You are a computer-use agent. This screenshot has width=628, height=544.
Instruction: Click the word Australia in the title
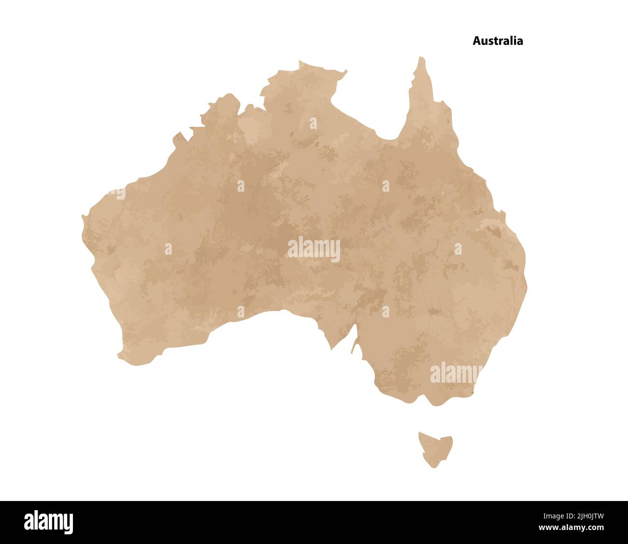498,41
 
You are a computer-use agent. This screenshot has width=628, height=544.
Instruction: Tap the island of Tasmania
435,447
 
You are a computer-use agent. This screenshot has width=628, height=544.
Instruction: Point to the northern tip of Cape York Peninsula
421,59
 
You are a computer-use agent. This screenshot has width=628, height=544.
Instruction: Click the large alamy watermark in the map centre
314,249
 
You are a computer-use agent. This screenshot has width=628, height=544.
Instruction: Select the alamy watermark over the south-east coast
456,373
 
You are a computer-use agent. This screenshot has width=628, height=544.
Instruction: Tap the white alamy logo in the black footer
49,522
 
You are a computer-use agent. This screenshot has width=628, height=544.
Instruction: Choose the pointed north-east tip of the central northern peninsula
346,72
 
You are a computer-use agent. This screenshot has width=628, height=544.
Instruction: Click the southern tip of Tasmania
432,467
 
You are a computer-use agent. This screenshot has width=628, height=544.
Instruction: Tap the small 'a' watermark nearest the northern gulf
313,123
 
